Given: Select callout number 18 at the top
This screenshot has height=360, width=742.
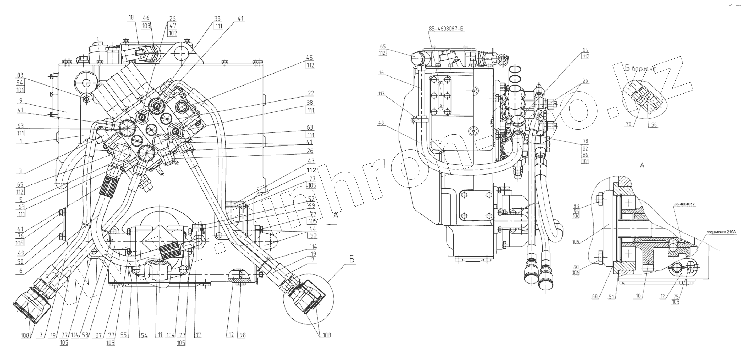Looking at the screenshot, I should (131, 18).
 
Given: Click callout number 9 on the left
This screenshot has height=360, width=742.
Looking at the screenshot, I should (21, 101).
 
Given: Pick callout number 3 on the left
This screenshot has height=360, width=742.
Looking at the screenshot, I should (20, 171).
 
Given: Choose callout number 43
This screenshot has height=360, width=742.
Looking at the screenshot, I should (311, 161).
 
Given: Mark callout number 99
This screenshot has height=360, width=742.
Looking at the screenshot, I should (312, 206).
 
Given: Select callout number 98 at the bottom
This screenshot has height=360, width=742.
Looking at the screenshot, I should (242, 335).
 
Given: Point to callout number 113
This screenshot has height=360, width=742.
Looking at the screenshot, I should (381, 94).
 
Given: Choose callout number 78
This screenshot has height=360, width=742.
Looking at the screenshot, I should (585, 141).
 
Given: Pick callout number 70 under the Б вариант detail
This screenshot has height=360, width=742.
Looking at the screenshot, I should (628, 124).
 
